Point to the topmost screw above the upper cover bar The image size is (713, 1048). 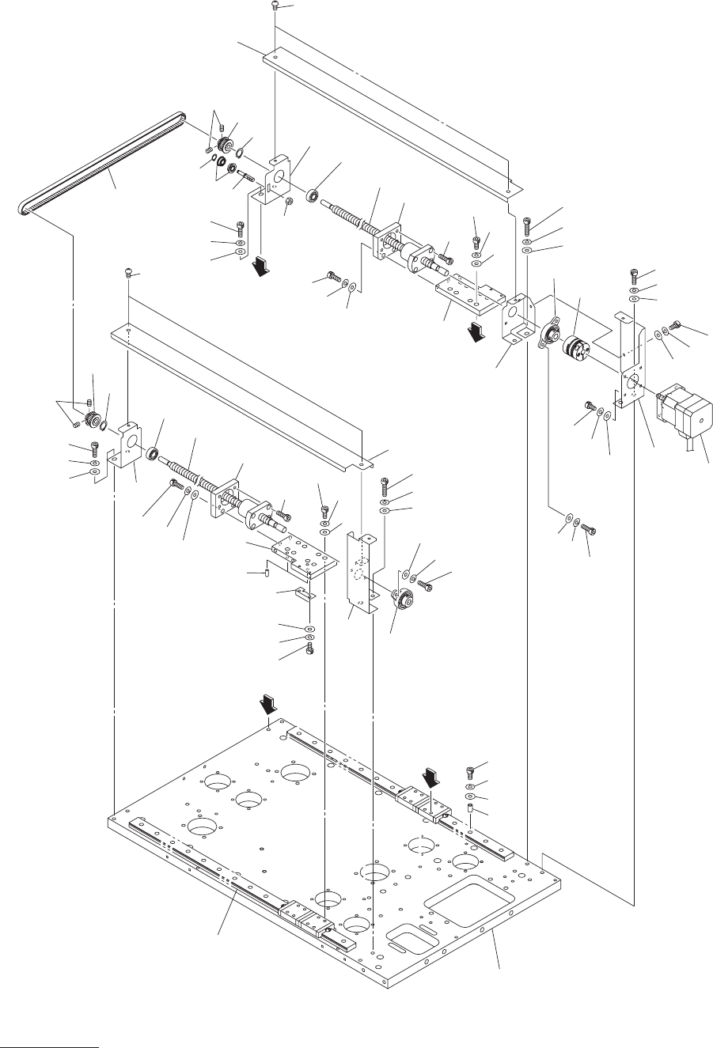click(x=273, y=6)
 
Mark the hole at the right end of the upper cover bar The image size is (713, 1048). click(x=509, y=189)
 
